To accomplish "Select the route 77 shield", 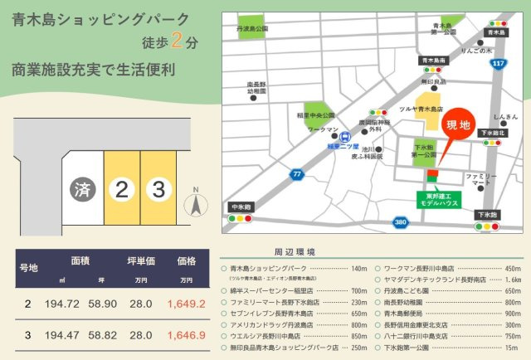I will point(296,174).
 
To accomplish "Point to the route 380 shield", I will point(401,222).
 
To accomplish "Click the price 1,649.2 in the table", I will point(187,304).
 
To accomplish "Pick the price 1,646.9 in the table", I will point(187,335).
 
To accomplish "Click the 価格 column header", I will point(187,260).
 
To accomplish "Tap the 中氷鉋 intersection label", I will point(241,207).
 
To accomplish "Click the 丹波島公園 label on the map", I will point(253,28).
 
